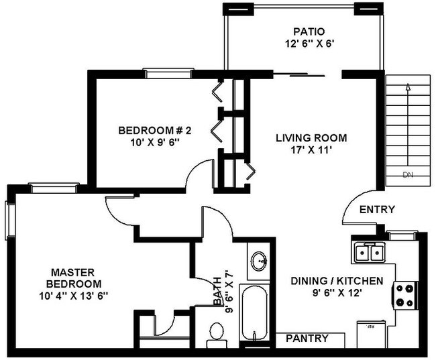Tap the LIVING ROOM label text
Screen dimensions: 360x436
pyautogui.click(x=311, y=138)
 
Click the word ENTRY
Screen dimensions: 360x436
pyautogui.click(x=377, y=209)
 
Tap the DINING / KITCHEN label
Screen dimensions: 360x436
pyautogui.click(x=337, y=281)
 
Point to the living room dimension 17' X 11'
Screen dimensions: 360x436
pyautogui.click(x=311, y=151)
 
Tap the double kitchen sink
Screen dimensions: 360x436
pyautogui.click(x=368, y=253)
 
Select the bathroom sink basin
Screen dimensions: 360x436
pyautogui.click(x=259, y=260)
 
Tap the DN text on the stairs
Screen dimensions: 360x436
pyautogui.click(x=408, y=176)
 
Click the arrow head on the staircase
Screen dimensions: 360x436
pyautogui.click(x=407, y=85)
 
